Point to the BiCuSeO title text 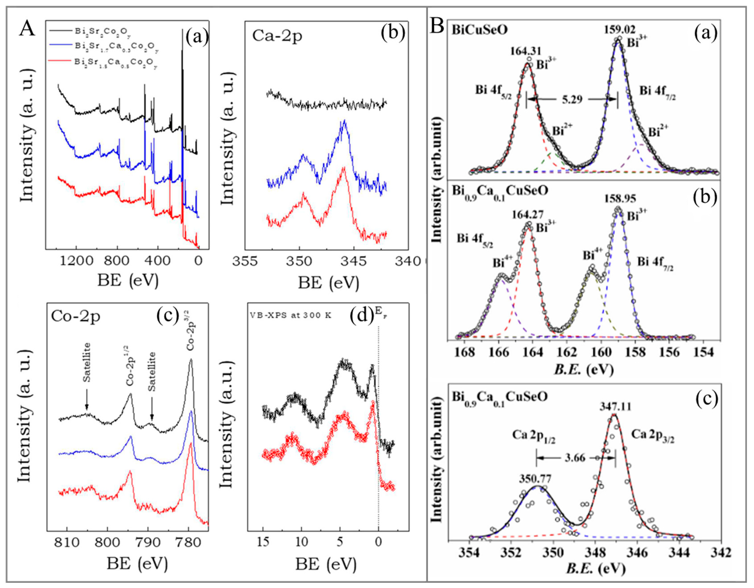tap(480, 30)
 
